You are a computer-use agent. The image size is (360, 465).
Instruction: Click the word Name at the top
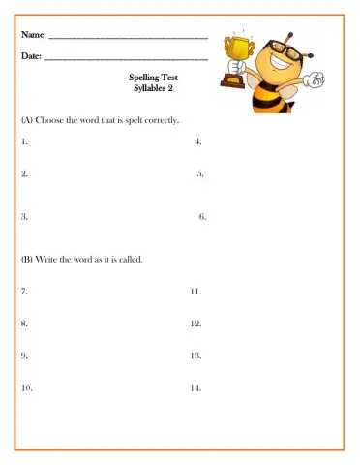[32, 36]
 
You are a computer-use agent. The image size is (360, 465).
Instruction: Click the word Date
[30, 57]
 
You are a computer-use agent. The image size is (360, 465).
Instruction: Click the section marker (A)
[27, 120]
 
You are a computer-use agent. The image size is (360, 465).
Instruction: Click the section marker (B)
[27, 259]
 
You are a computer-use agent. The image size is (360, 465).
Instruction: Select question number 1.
[23, 141]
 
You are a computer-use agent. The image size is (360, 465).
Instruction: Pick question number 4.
[197, 141]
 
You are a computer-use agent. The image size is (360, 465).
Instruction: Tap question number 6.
[202, 217]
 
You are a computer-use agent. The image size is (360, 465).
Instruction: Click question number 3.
[23, 217]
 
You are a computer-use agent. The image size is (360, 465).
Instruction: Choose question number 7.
[23, 291]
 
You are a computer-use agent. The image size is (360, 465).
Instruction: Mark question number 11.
[195, 291]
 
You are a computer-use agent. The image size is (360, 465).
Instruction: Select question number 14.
[196, 387]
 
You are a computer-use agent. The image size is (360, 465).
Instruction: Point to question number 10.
[26, 387]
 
